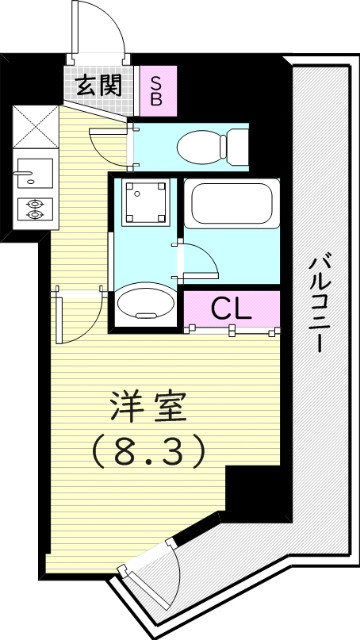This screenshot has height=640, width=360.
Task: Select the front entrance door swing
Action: coord(98,28)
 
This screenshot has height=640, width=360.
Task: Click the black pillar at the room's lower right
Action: coord(250,494)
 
